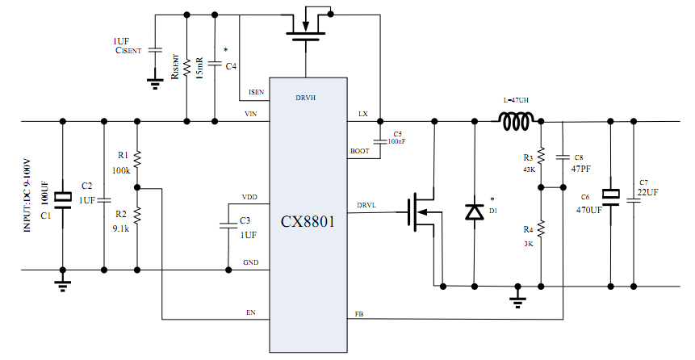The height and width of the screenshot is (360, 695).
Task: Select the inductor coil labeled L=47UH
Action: (517, 123)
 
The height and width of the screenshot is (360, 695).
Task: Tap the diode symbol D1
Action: (474, 212)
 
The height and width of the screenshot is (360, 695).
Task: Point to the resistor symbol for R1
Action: (137, 159)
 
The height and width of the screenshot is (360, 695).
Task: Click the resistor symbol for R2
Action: (137, 215)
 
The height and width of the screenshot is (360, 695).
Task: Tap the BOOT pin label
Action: (359, 152)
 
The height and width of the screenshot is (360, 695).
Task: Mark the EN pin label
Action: (250, 312)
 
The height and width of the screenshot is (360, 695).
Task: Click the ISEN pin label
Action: (256, 91)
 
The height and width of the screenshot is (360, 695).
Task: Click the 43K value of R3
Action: (528, 170)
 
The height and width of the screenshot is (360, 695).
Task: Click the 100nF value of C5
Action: (397, 141)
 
